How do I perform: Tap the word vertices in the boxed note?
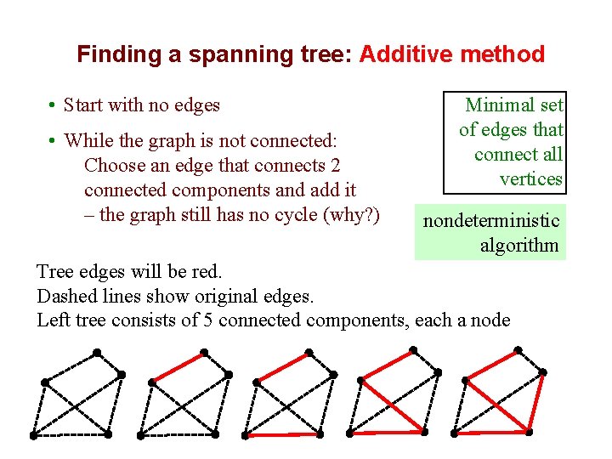(x=531, y=178)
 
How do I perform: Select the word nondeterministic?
(x=491, y=221)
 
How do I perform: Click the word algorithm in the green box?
(x=519, y=246)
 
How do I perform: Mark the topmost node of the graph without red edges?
(x=97, y=352)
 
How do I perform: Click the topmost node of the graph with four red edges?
(x=518, y=348)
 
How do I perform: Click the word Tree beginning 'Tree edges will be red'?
(x=55, y=272)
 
